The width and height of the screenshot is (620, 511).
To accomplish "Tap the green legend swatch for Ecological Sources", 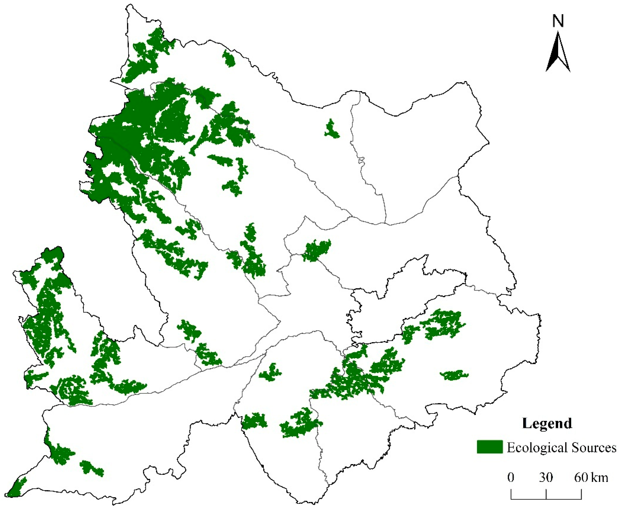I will (x=490, y=447).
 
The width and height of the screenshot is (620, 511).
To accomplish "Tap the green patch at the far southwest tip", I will (x=16, y=487).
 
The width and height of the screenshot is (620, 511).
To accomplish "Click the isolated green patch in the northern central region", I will (x=332, y=130).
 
